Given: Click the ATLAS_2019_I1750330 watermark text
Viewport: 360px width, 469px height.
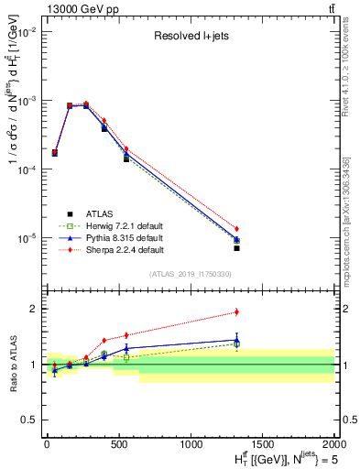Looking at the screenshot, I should point(189,273).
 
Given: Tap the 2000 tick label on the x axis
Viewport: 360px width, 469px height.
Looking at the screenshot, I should point(333,443).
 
